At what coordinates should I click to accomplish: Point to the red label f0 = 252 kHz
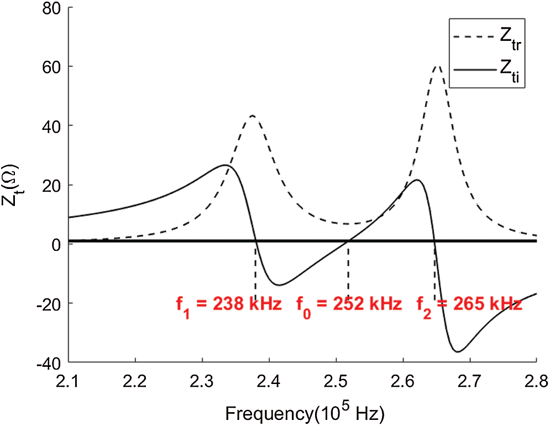click(x=348, y=304)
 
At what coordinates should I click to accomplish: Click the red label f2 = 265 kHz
click(x=469, y=304)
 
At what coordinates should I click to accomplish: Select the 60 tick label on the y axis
click(x=51, y=67)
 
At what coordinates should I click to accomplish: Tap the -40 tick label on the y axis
click(x=49, y=362)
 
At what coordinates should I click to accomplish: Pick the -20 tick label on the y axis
click(x=49, y=303)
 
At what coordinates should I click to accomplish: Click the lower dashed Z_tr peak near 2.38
click(x=252, y=115)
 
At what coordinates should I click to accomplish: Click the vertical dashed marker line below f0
click(x=348, y=271)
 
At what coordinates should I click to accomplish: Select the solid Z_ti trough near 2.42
click(x=279, y=285)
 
